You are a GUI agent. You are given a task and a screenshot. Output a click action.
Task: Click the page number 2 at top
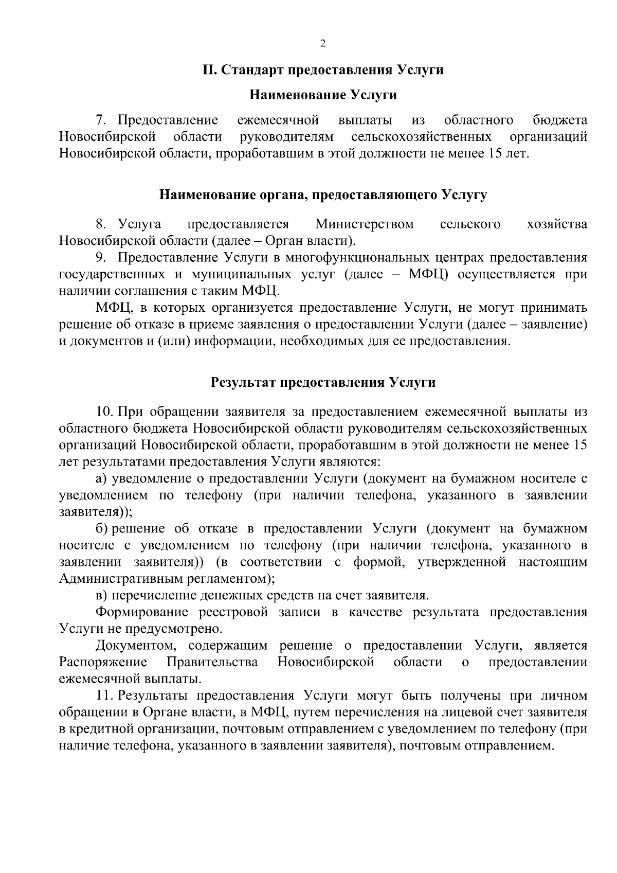coord(322,44)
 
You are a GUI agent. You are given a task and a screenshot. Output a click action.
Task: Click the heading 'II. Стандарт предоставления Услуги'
coord(322,70)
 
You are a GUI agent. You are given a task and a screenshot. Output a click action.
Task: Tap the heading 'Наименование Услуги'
coord(322,95)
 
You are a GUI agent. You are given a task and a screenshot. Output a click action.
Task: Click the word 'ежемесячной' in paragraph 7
coord(278,121)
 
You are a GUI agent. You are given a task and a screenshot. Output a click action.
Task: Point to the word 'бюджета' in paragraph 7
coord(560,121)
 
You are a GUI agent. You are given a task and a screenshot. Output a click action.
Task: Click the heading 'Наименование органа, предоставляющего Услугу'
coord(322,195)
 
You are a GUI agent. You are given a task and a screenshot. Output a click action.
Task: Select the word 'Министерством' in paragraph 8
coord(365,224)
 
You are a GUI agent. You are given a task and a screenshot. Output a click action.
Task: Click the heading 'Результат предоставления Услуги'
coord(323,383)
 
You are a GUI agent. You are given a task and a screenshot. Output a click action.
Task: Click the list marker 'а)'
coord(101,479)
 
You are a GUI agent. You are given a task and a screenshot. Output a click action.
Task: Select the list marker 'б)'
coord(101,529)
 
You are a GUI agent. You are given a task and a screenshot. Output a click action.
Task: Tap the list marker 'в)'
coord(101,596)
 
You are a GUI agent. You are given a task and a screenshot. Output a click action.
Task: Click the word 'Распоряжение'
coord(103,662)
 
